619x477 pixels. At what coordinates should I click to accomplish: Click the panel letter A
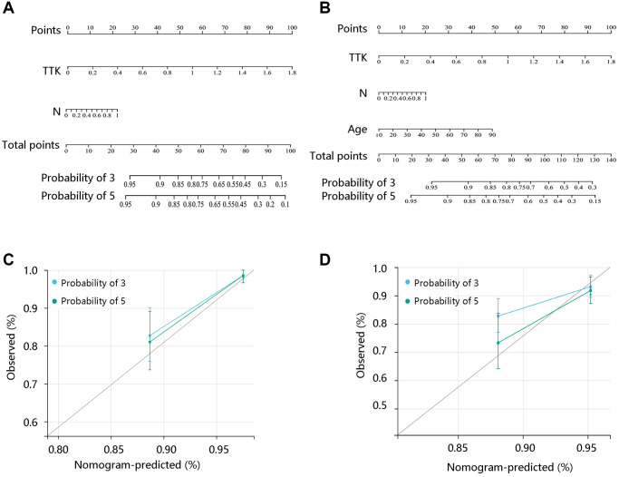8,7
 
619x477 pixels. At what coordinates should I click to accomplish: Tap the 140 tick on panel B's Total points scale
610,161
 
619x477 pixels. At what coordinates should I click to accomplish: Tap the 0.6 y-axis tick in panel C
34,423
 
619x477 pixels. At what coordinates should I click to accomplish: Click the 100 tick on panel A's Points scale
292,28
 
